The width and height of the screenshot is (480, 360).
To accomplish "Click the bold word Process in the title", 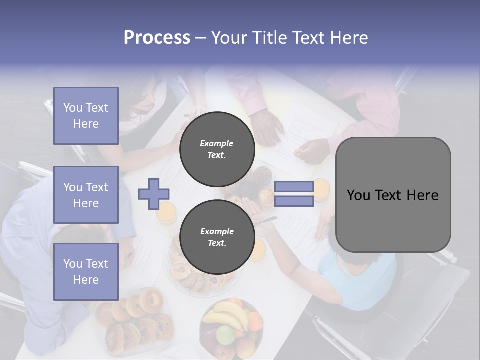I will point(157,37).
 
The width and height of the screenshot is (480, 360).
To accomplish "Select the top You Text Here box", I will point(86,116).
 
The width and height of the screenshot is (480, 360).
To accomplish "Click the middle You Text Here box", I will point(86,195).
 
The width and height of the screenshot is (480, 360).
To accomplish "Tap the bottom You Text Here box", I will point(86,271).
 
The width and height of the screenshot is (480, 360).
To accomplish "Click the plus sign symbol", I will point(153,194).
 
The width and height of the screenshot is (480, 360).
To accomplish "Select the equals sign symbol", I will point(294,194).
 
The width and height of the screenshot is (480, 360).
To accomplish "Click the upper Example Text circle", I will point(217,149).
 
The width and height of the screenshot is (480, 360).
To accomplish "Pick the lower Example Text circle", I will point(217,237).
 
